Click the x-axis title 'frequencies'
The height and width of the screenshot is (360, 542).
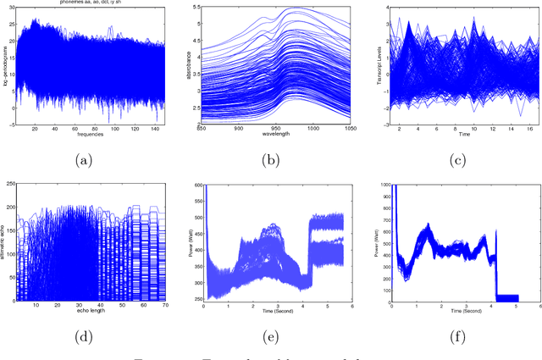click(79, 136)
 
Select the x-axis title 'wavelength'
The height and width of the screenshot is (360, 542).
click(269, 136)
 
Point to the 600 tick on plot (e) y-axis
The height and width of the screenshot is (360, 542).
click(194, 184)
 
